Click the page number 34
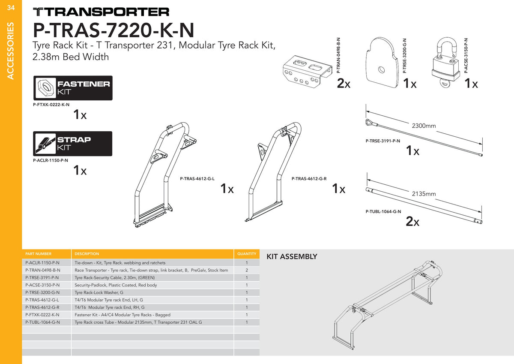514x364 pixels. (11, 8)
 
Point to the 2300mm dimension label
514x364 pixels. (424, 126)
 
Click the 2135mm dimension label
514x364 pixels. (424, 194)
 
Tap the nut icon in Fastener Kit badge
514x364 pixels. (46, 88)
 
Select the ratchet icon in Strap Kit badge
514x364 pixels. (45, 144)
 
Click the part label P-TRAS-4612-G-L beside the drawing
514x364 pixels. (197, 179)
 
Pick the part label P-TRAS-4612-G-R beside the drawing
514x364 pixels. (309, 179)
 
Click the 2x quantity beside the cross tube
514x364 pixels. (412, 221)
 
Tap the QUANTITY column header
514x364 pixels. (247, 254)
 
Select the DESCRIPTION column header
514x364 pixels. (87, 254)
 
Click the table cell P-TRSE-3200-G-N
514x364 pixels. (42, 292)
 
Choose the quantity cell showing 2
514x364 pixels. (247, 270)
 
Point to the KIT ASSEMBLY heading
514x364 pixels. (292, 256)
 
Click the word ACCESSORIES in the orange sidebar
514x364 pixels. (11, 51)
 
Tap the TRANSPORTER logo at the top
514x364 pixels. (101, 12)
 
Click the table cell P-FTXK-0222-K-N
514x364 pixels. (42, 315)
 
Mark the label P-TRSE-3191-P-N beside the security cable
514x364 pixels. (383, 141)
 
